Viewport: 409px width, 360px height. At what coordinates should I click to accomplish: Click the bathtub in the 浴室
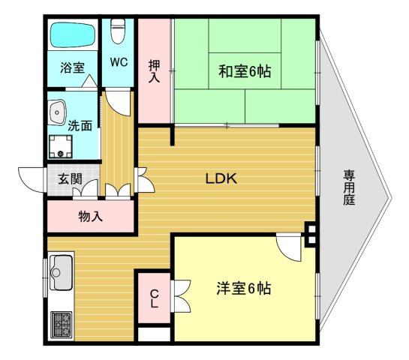point(73,35)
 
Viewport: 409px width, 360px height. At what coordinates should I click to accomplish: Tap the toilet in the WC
point(118,31)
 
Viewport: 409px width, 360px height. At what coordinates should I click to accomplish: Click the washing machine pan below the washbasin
point(61,146)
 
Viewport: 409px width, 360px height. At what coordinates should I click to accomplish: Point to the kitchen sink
point(61,273)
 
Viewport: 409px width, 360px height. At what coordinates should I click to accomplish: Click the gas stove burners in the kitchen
point(62,325)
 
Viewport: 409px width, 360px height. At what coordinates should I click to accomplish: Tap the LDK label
point(221,178)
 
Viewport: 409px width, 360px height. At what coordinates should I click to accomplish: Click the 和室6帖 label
point(245,71)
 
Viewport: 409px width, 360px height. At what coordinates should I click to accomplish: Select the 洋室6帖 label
point(244,288)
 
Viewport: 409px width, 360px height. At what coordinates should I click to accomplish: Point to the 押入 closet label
point(154,71)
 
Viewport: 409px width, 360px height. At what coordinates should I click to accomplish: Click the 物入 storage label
point(91,216)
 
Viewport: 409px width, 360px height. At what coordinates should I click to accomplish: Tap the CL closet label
point(155,298)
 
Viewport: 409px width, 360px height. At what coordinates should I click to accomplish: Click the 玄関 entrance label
point(70,179)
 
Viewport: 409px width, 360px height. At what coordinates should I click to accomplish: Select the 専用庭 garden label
point(349,187)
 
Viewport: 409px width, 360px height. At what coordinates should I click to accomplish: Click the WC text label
point(119,62)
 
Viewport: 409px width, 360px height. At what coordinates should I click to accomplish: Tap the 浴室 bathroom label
point(73,67)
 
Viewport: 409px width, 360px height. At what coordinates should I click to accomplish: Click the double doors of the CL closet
point(181,295)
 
